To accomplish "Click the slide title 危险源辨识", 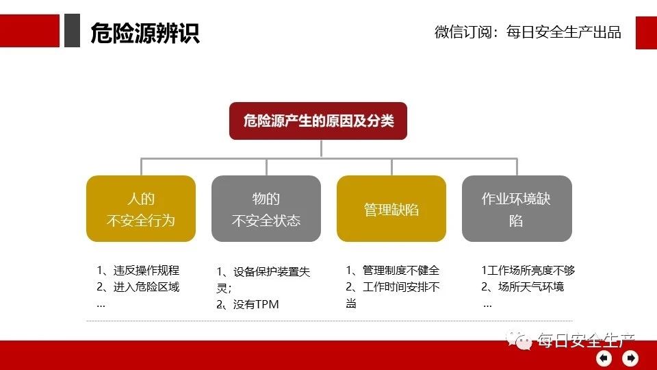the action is point(145,33).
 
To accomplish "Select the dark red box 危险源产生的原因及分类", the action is point(318,121).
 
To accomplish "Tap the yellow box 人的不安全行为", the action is point(141,208).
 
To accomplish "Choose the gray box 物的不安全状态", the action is point(266,208).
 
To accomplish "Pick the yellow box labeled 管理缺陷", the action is point(391,208).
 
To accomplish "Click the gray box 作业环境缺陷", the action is point(517,208).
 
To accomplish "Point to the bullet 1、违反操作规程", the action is point(138,270).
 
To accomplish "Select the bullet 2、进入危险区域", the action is point(138,287).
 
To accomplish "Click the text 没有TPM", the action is point(256,304).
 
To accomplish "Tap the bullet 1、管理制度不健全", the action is point(393,270).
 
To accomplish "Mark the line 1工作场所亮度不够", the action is point(528,270).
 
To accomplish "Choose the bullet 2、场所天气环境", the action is point(522,287).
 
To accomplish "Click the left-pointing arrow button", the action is point(604,358).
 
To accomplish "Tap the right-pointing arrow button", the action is point(630,358).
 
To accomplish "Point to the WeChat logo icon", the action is point(519,340).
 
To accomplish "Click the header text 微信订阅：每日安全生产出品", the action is point(528,32).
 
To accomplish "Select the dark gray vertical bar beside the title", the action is point(72,30).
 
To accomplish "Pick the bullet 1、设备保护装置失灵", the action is point(263,280).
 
